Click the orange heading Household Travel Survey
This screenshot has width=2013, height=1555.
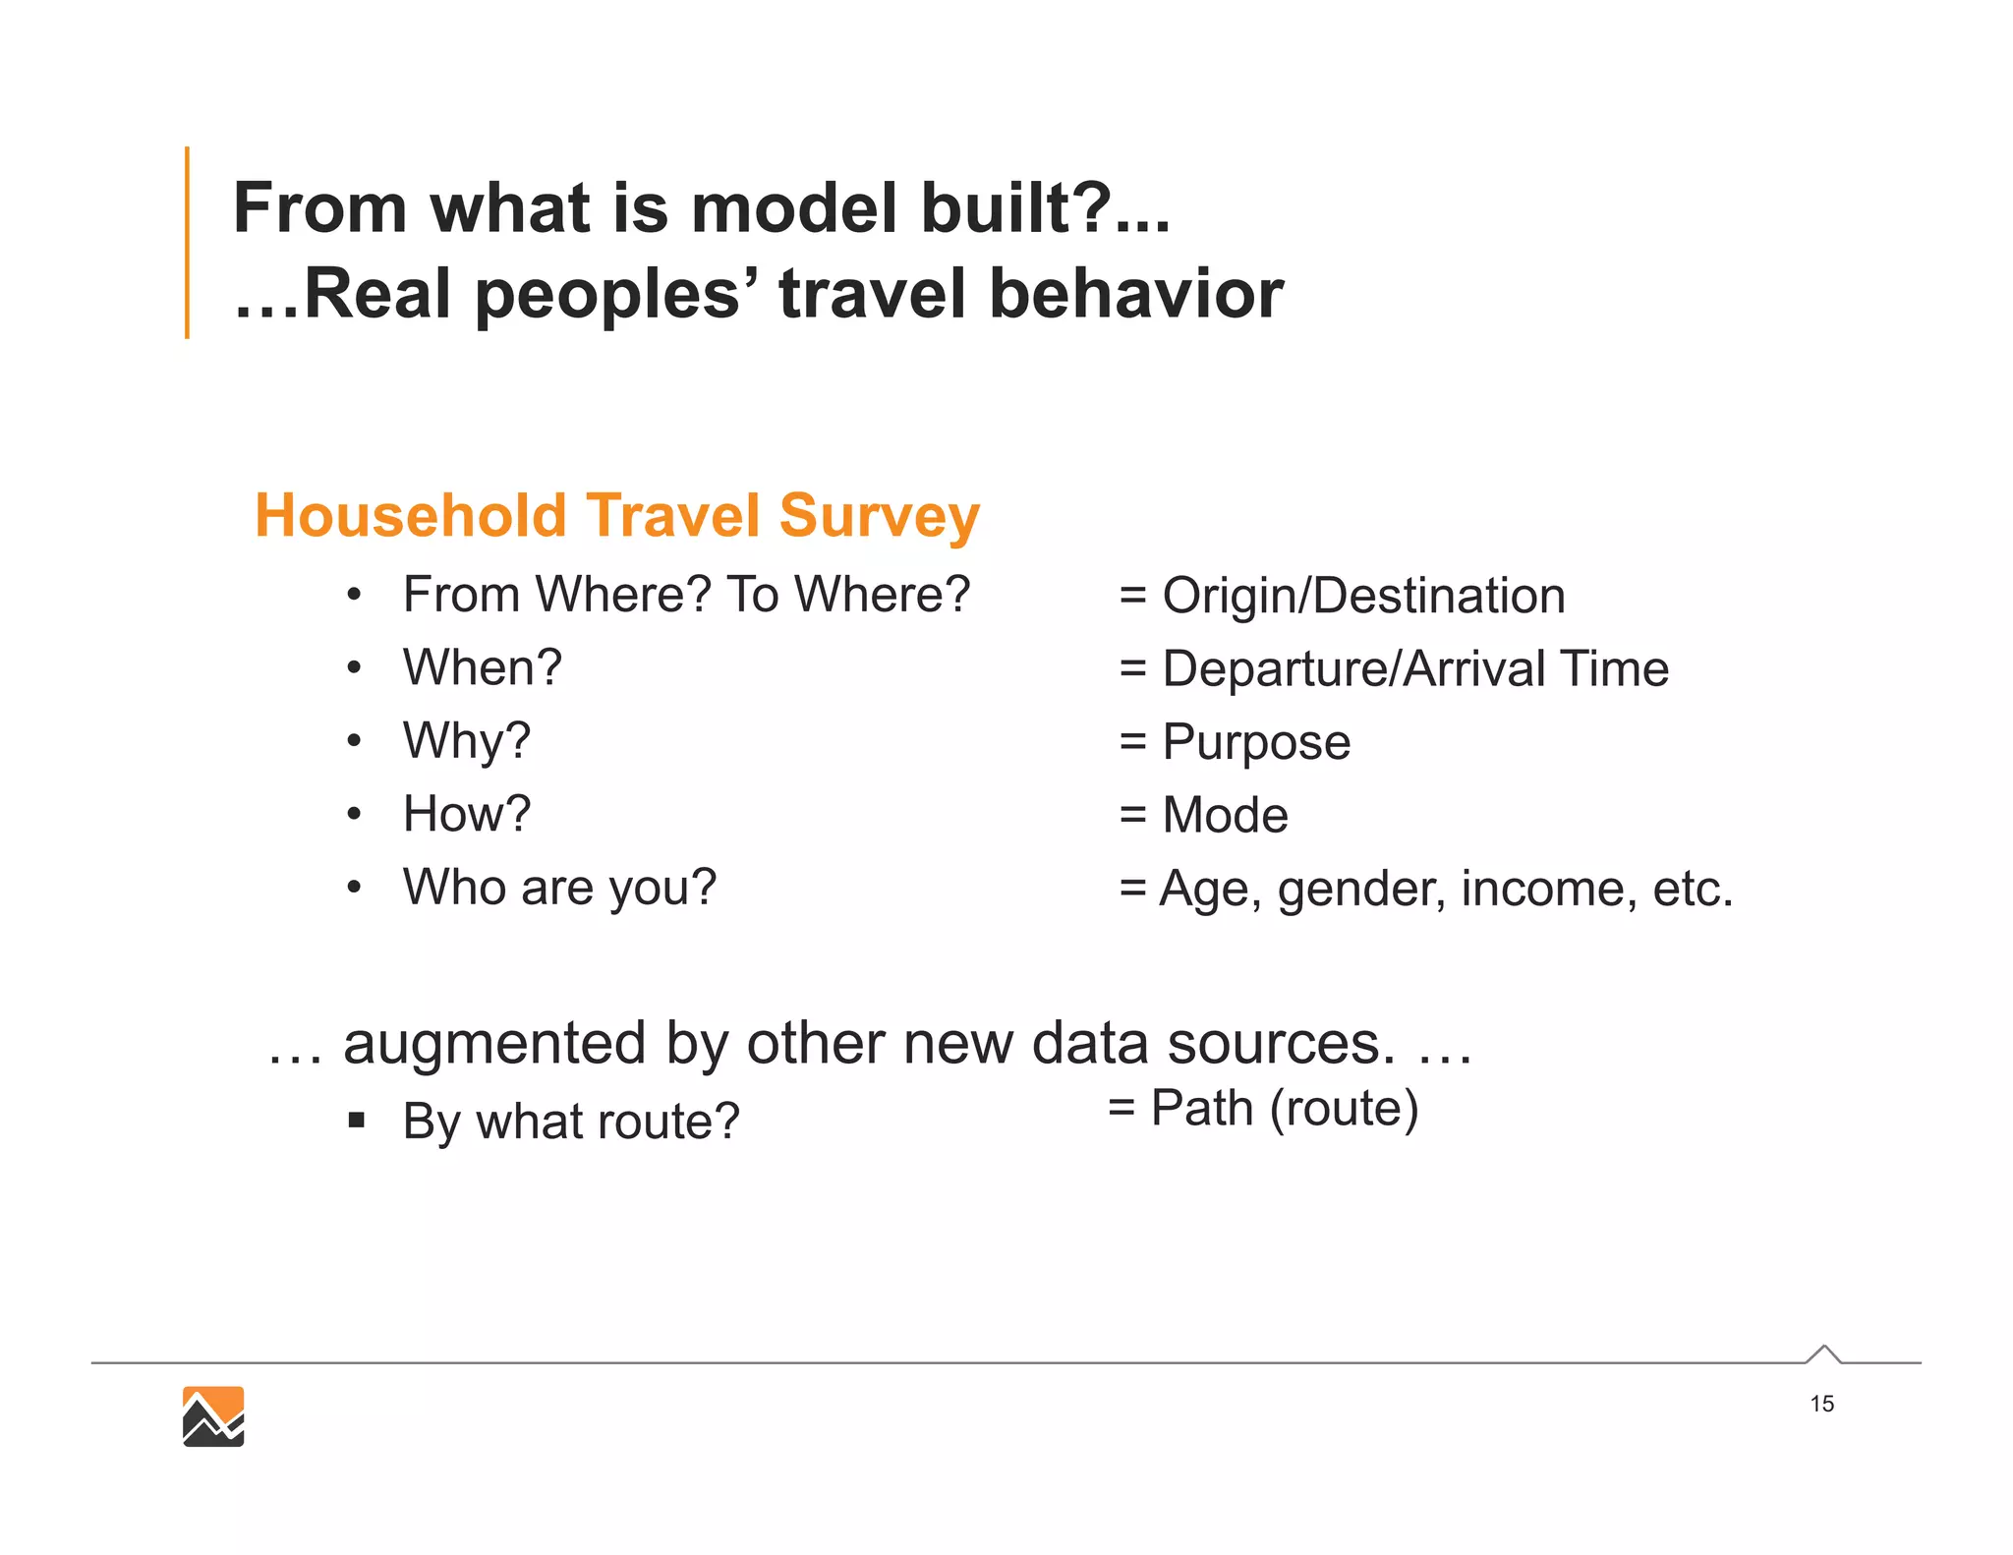coord(617,515)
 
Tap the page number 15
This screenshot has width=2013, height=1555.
coord(1821,1404)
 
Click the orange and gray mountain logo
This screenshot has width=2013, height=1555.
coord(213,1416)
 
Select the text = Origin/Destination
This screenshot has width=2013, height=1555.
coord(1342,596)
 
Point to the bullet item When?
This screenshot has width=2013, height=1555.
coord(482,667)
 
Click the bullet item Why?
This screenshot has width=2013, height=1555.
coord(466,740)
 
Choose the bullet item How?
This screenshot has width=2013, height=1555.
coord(466,814)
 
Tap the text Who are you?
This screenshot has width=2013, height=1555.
coord(559,887)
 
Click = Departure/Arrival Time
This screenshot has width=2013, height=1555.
coord(1394,668)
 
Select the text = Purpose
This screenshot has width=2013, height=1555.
coord(1235,741)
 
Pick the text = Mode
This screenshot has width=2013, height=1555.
coord(1203,815)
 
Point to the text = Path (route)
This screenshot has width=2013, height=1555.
coord(1263,1109)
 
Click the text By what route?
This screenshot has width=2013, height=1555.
coord(570,1121)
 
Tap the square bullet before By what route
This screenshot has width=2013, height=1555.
coord(357,1120)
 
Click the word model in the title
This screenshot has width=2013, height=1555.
coord(794,208)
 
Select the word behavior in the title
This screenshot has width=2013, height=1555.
coord(1135,294)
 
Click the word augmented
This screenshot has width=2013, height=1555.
coord(494,1043)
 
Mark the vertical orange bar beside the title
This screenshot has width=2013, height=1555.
coord(187,242)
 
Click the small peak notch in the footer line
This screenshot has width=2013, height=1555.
coord(1823,1353)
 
